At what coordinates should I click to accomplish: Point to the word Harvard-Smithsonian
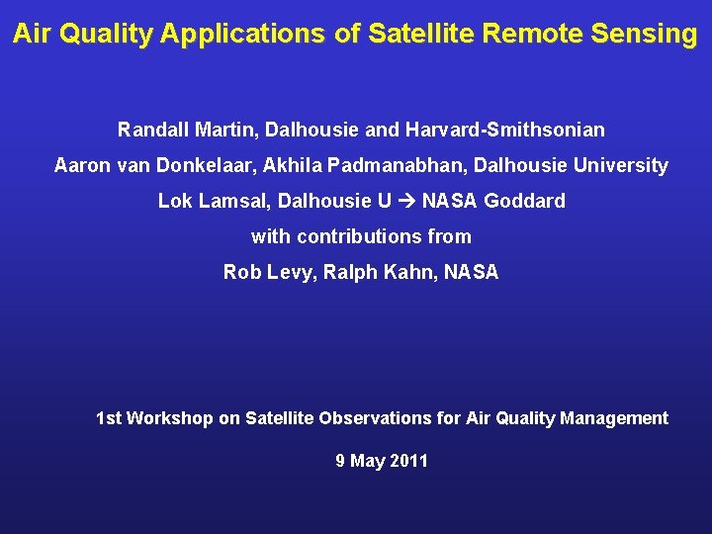tap(504, 130)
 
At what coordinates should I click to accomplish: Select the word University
tap(619, 165)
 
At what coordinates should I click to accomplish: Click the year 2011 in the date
tap(409, 461)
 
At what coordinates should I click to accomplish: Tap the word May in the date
tap(367, 461)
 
